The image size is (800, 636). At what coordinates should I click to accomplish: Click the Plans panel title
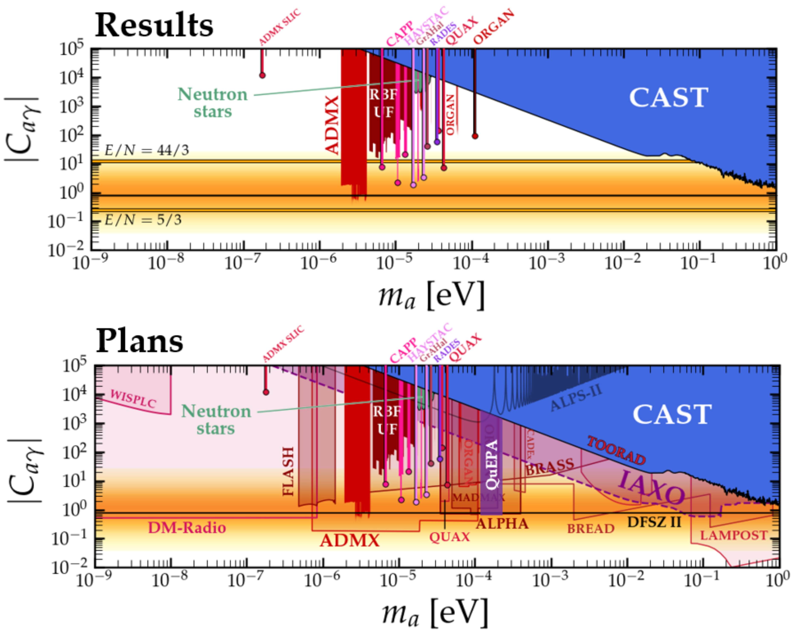tap(140, 341)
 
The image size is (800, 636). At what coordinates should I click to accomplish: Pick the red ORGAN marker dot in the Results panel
tap(475, 136)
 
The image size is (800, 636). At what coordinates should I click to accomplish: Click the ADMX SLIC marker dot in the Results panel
tap(262, 75)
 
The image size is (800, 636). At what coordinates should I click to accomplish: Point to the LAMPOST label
tap(733, 535)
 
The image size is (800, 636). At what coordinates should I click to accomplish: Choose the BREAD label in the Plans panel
tap(591, 529)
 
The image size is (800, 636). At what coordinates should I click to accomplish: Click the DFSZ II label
tap(654, 522)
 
